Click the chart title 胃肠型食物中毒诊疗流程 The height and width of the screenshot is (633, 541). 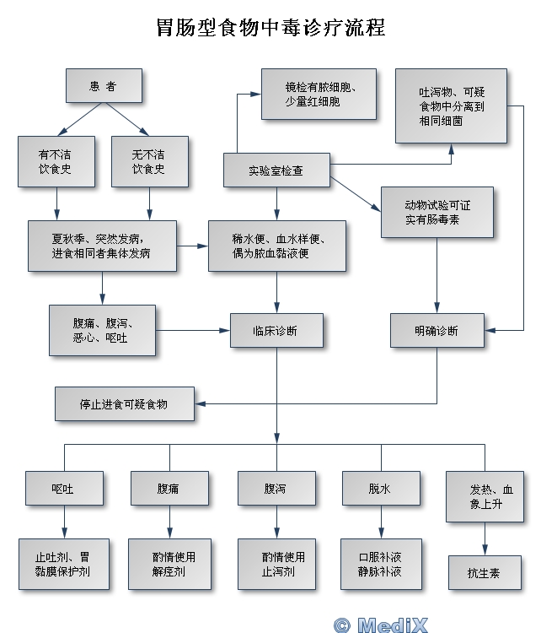[270, 28]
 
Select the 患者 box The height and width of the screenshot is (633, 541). [103, 86]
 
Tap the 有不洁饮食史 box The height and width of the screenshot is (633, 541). [56, 160]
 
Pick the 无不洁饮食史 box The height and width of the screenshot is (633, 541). [149, 160]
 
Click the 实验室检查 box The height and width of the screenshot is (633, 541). [276, 170]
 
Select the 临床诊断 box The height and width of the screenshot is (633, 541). [276, 330]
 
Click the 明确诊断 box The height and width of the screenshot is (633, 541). [437, 330]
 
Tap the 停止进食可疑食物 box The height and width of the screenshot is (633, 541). [124, 403]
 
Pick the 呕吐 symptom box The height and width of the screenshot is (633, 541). [64, 488]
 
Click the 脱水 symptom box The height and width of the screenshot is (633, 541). [381, 488]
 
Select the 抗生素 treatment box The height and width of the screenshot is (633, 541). [484, 572]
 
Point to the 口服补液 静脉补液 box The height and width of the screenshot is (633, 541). [381, 564]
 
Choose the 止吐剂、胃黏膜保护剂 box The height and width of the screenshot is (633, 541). [64, 564]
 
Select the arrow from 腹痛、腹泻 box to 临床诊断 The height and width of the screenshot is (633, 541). [193, 330]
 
